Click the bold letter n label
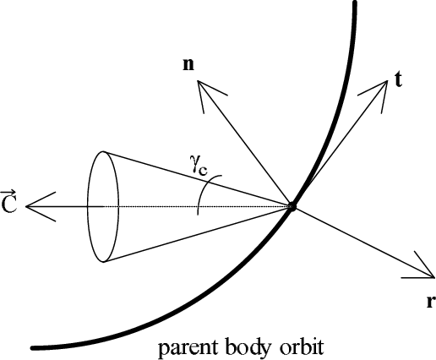pos(188,65)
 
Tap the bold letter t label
pos(398,79)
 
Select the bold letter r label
pos(431,302)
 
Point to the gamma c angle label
pos(199,166)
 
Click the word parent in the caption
pos(188,348)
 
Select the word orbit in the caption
pos(299,346)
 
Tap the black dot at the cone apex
pos(292,207)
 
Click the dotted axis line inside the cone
pos(197,207)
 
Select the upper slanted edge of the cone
pos(197,179)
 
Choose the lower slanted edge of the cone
pos(197,234)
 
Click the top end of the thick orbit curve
pos(356,3)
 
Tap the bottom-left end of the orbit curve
pos(33,348)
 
